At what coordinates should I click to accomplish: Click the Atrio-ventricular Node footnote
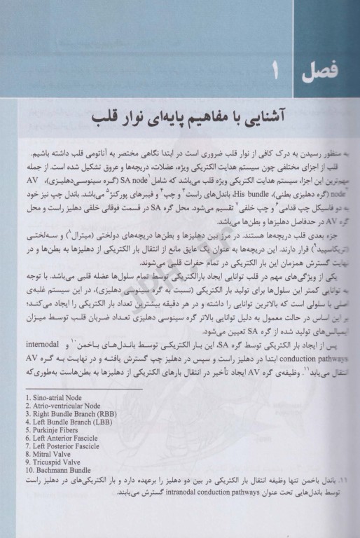59,406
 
